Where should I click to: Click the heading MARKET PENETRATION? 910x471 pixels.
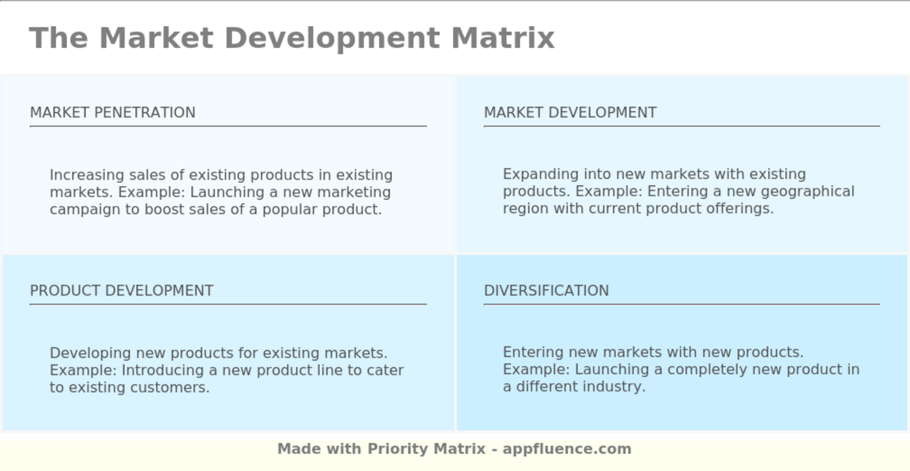[112, 113]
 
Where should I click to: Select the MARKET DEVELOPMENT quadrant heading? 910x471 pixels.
[570, 113]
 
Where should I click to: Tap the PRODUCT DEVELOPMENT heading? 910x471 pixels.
[122, 291]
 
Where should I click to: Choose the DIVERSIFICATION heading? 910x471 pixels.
[546, 291]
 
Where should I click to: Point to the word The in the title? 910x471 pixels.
[58, 38]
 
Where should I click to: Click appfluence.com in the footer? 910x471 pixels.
[566, 449]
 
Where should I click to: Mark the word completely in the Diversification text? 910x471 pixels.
[705, 370]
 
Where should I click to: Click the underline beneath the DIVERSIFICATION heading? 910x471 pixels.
[681, 304]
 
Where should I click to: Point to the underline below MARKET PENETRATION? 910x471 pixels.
[228, 126]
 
